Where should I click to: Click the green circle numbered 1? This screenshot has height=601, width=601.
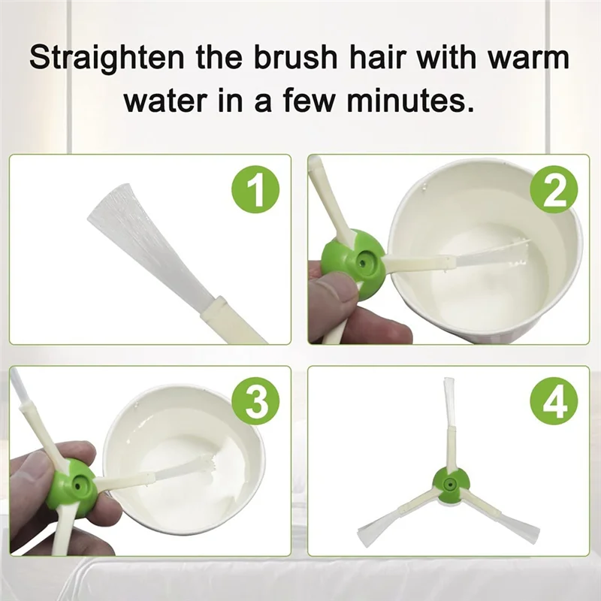tap(255, 190)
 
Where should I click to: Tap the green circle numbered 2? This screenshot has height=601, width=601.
tap(554, 190)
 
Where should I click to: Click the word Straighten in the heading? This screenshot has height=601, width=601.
tap(107, 59)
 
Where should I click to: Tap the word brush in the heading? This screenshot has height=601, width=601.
tap(294, 57)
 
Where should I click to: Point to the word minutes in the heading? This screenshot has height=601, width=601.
tap(410, 101)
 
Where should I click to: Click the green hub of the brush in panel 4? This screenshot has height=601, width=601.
tap(450, 485)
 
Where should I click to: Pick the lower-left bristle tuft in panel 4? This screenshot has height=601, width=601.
tap(375, 527)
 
